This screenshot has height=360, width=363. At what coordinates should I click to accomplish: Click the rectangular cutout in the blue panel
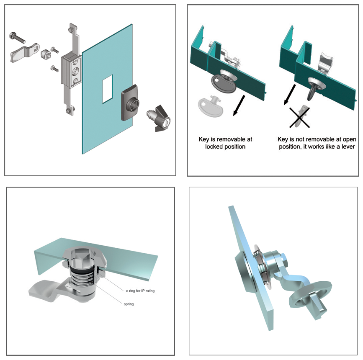pos(108,89)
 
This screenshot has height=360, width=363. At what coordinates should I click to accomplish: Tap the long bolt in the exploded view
pos(17,38)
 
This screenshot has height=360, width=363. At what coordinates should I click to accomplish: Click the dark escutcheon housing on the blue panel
pos(130,103)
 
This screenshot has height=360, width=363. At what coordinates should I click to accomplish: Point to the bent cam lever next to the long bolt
pos(24,53)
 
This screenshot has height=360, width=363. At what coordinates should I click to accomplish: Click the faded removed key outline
pos(210,106)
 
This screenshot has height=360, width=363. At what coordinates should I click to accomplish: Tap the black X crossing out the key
pos(299,118)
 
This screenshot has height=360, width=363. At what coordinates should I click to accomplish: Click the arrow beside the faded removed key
pos(239,105)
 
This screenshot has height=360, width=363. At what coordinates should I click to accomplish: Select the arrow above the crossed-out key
pos(290,95)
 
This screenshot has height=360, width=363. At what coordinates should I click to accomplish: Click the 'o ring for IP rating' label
pos(140,291)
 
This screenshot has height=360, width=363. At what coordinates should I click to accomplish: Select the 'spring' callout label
pos(129,304)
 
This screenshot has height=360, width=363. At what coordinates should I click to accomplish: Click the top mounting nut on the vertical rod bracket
pos(70,30)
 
